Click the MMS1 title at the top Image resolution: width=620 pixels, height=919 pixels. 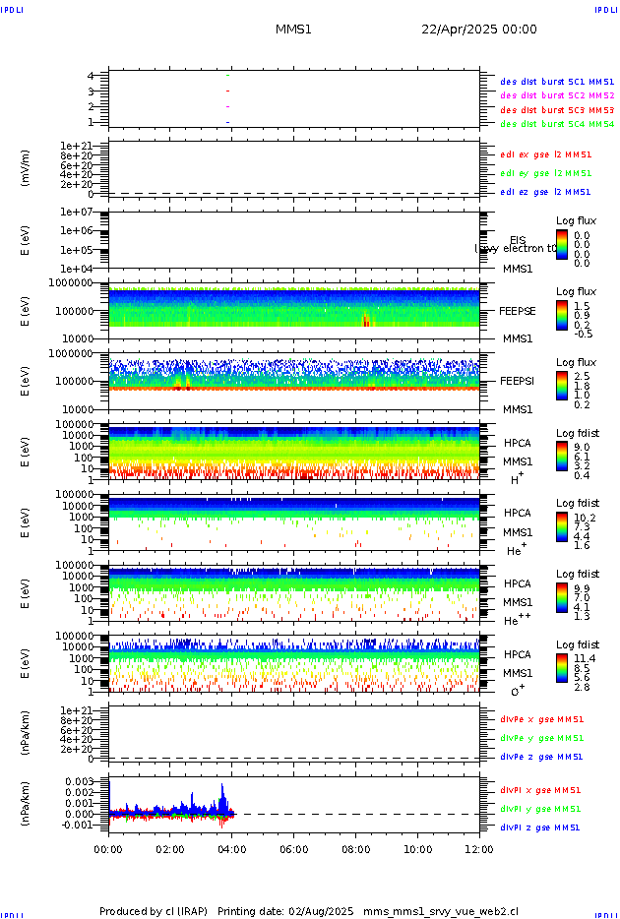click(293, 30)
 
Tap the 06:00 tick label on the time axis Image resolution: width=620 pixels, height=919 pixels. click(293, 848)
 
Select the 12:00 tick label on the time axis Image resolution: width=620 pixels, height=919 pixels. click(479, 848)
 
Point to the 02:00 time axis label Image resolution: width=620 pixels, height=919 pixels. click(170, 848)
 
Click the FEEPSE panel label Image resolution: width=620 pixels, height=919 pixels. click(517, 311)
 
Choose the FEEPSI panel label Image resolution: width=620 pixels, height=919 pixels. click(517, 381)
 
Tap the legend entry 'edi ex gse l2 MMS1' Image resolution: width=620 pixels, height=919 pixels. click(546, 154)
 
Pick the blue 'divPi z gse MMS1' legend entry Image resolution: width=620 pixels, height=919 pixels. click(541, 827)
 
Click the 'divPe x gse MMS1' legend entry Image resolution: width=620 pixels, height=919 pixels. click(541, 719)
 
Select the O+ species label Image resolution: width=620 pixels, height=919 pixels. click(518, 691)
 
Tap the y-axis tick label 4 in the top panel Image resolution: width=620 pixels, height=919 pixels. click(90, 76)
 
